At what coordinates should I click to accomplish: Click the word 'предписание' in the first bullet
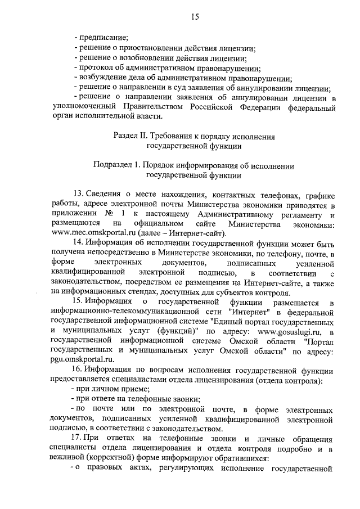pos(104,38)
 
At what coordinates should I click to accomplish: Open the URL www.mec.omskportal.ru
pos(88,234)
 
